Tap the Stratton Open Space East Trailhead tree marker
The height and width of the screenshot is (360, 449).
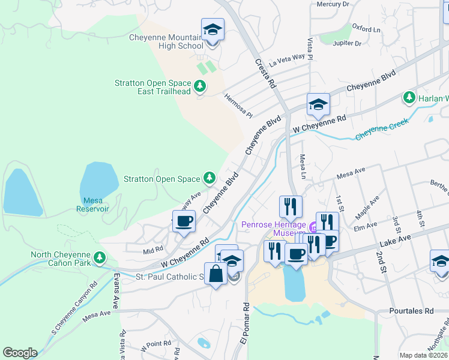tap(200, 87)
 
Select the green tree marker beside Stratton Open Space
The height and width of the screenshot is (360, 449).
tap(209, 178)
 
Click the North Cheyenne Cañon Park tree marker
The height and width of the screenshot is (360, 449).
tap(100, 259)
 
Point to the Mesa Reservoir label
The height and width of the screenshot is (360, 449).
tap(92, 205)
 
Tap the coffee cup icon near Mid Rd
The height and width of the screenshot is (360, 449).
tap(184, 221)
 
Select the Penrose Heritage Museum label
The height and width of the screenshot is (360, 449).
tap(274, 229)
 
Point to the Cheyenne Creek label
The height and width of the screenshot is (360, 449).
tap(381, 129)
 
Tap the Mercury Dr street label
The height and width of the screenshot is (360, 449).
tap(333, 4)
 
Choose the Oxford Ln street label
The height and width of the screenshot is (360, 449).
tap(366, 28)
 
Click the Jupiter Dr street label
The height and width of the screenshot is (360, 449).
tap(348, 44)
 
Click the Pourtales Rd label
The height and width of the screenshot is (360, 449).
tap(411, 311)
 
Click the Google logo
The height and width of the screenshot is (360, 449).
tap(20, 353)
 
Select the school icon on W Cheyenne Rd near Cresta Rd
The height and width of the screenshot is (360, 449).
tap(318, 105)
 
